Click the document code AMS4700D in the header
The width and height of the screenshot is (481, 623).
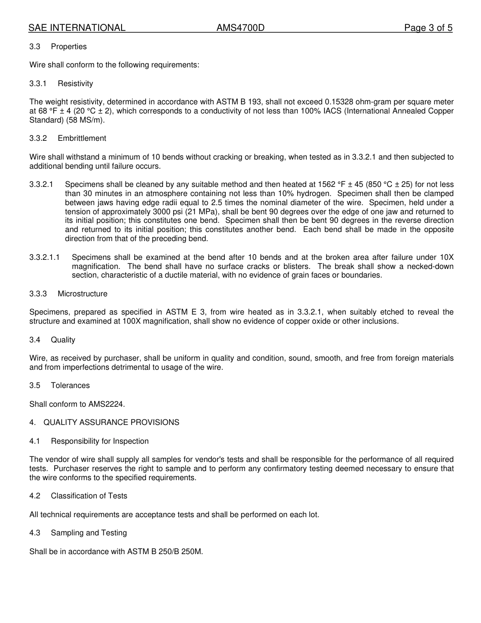coord(240,28)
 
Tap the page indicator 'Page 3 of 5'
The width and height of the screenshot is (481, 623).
coord(428,28)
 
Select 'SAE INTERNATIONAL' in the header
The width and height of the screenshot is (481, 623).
coord(76,28)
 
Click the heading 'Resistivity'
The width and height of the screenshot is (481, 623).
coord(75,84)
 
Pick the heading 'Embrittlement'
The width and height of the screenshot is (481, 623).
coord(82,138)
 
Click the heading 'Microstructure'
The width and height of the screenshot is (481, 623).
coord(83,294)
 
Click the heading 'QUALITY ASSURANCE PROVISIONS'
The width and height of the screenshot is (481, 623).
coord(111,422)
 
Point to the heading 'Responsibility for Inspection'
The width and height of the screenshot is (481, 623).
coord(100,441)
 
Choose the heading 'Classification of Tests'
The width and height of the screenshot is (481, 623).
coord(89,496)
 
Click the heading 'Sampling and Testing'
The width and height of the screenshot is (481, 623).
coord(89,533)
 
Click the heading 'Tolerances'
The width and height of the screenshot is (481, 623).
coord(70,385)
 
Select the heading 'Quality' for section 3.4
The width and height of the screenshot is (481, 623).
coord(63,340)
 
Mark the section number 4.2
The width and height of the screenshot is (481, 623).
coord(34,496)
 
